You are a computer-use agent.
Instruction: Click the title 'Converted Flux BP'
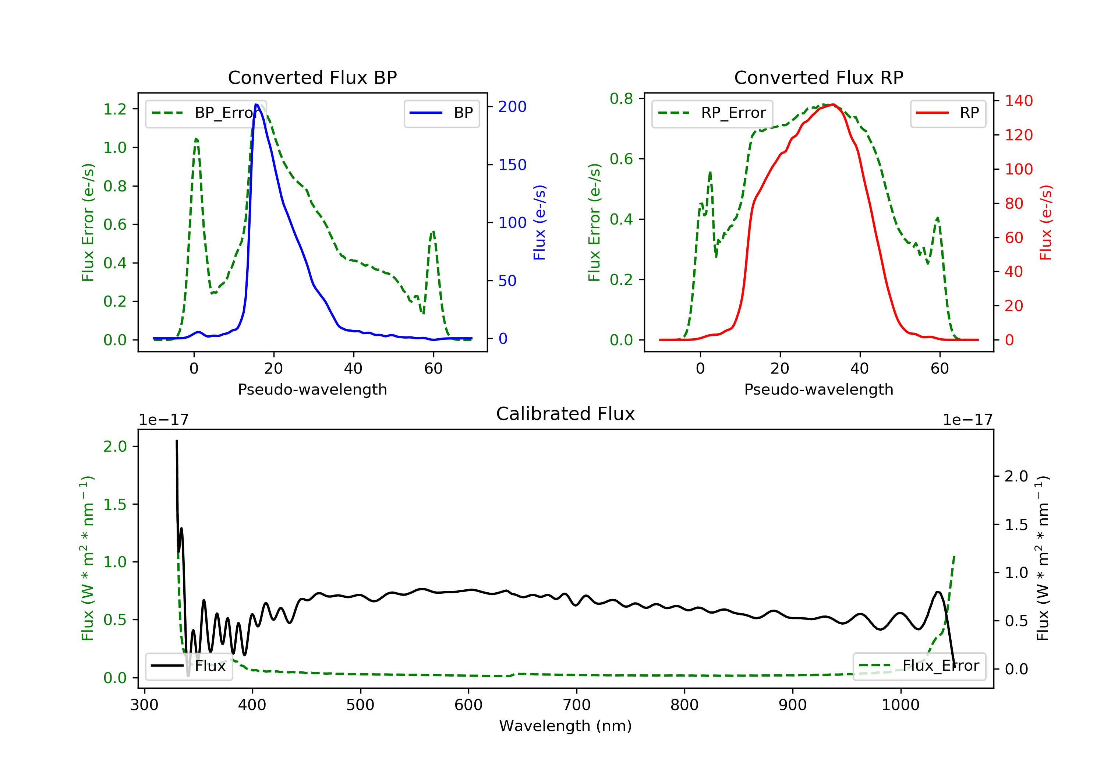[x=312, y=77]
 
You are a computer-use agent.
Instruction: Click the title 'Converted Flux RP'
[x=818, y=77]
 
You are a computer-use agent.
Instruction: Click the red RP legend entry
[x=948, y=113]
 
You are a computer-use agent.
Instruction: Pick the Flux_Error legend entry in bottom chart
[x=919, y=666]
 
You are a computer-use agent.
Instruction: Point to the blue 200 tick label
[x=512, y=107]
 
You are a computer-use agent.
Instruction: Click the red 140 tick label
[x=1018, y=101]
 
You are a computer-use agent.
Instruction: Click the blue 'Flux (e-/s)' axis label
[x=539, y=222]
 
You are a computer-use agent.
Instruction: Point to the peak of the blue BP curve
[x=256, y=105]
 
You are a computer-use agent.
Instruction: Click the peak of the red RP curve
[x=833, y=105]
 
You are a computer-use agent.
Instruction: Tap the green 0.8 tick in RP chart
[x=621, y=99]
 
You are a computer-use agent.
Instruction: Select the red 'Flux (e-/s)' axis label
[x=1046, y=222]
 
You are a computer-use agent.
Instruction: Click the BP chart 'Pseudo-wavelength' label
[x=312, y=389]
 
